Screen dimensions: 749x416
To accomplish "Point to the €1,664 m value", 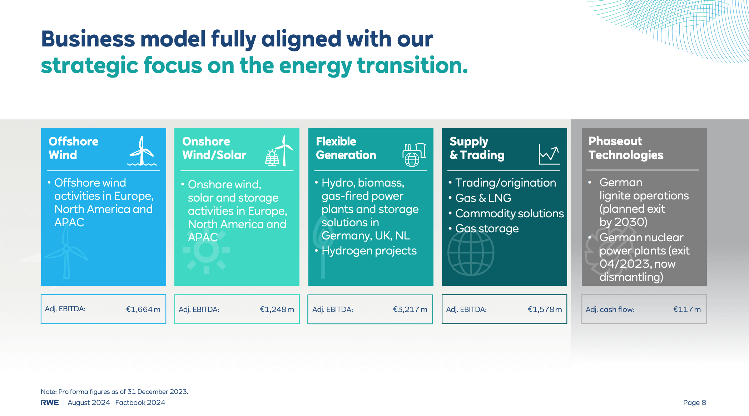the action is tap(143, 309).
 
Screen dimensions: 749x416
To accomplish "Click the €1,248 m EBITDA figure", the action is tap(277, 309).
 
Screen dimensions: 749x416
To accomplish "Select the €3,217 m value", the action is tap(410, 309).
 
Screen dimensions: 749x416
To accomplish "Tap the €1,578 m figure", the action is tap(545, 309).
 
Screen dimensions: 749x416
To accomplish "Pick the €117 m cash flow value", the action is tap(687, 309).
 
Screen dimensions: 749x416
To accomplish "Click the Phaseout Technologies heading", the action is tap(626, 148).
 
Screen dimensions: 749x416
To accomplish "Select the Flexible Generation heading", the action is tap(346, 148).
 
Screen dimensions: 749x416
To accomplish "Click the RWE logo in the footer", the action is tap(50, 402).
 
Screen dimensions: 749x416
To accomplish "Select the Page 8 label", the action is tap(695, 402).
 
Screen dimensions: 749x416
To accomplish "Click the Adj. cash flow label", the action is tap(610, 309).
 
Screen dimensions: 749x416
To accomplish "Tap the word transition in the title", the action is tap(412, 65).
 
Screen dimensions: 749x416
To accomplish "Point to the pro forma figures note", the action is tap(114, 391).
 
